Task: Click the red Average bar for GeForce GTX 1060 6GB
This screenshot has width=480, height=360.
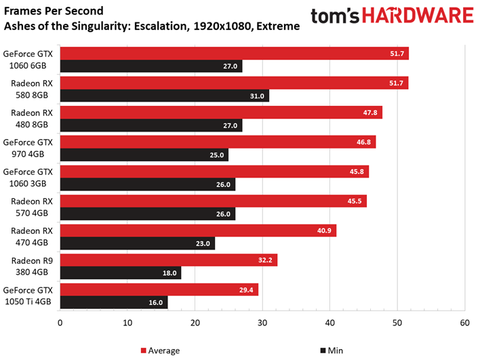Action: click(234, 53)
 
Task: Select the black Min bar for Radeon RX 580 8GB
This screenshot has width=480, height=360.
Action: click(165, 96)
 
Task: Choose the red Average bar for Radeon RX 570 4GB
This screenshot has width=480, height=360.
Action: click(213, 201)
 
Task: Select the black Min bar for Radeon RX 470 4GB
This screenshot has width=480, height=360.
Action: click(138, 243)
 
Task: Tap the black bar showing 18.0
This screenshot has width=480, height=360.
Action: click(121, 273)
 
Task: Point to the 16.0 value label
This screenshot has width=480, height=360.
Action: click(156, 302)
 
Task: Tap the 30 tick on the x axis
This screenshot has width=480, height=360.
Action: click(262, 323)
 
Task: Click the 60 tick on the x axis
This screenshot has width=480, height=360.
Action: click(464, 323)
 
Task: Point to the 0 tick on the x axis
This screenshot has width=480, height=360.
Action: click(61, 323)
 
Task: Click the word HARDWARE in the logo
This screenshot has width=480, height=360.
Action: click(421, 19)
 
